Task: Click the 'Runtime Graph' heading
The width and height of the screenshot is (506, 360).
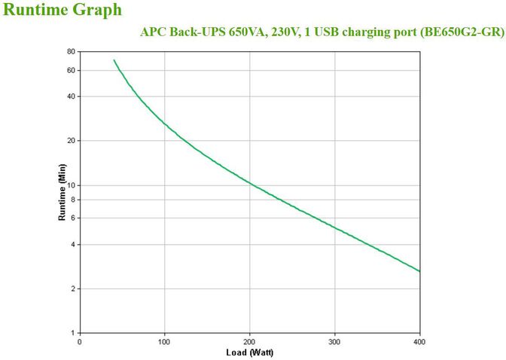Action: click(62, 11)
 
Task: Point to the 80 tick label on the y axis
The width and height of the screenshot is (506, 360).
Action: click(71, 52)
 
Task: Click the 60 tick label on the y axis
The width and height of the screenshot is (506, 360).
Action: click(71, 70)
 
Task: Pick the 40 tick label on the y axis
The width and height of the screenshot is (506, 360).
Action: click(71, 96)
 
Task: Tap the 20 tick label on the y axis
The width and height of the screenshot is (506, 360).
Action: click(71, 141)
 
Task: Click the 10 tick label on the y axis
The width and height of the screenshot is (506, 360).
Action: click(71, 185)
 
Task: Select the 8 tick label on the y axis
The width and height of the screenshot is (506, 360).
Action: click(73, 200)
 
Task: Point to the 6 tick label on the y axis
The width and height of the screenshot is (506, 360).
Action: click(73, 218)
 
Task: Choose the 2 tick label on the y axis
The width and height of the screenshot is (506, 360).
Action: click(73, 289)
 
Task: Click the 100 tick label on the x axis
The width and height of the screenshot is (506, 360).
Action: click(164, 340)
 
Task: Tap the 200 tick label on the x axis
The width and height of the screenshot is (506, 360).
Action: click(249, 340)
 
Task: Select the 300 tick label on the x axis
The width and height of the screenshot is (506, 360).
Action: click(334, 340)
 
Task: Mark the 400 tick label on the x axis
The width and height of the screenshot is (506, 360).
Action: click(419, 340)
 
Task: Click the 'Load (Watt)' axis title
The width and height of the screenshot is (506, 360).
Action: click(250, 352)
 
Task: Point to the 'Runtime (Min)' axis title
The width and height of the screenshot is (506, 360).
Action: click(62, 192)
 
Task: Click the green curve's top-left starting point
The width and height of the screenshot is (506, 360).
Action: click(114, 60)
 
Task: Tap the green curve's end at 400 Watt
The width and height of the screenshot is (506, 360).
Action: click(419, 271)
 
